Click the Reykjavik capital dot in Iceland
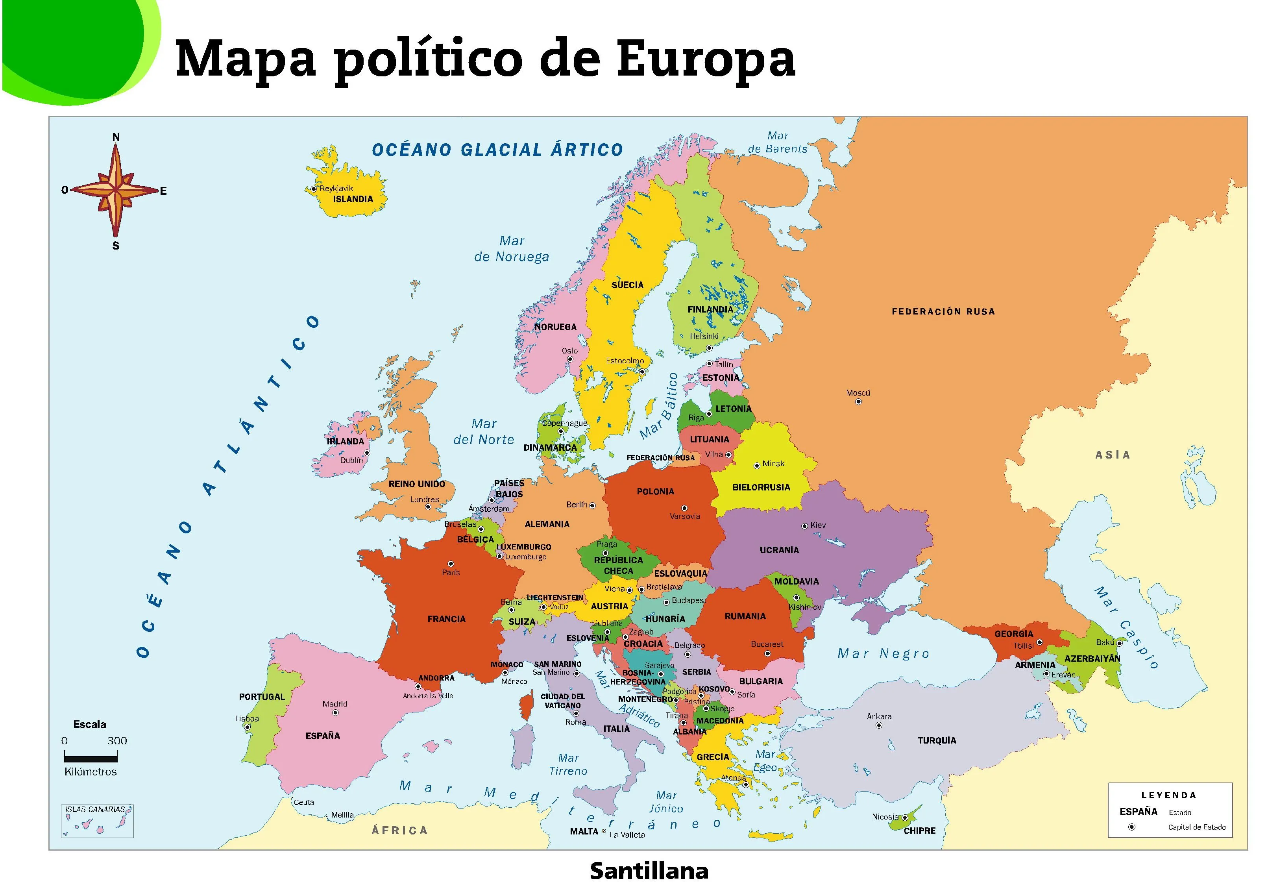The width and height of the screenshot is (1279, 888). (314, 189)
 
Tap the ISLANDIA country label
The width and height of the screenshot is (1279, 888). (353, 199)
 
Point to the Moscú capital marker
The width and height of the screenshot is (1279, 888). (858, 402)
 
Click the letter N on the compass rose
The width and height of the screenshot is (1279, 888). (116, 137)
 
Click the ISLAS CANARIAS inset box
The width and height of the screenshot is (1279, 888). (97, 821)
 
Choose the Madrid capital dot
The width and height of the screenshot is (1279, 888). (335, 713)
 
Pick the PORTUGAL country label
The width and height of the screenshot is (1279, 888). (261, 697)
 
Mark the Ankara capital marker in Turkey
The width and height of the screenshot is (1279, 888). (878, 725)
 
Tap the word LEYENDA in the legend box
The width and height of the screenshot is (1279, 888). (1168, 795)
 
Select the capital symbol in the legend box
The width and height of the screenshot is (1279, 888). (1131, 827)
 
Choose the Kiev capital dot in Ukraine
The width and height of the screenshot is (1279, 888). (804, 526)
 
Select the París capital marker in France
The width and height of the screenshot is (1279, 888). (451, 564)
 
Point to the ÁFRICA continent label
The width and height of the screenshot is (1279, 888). (399, 830)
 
